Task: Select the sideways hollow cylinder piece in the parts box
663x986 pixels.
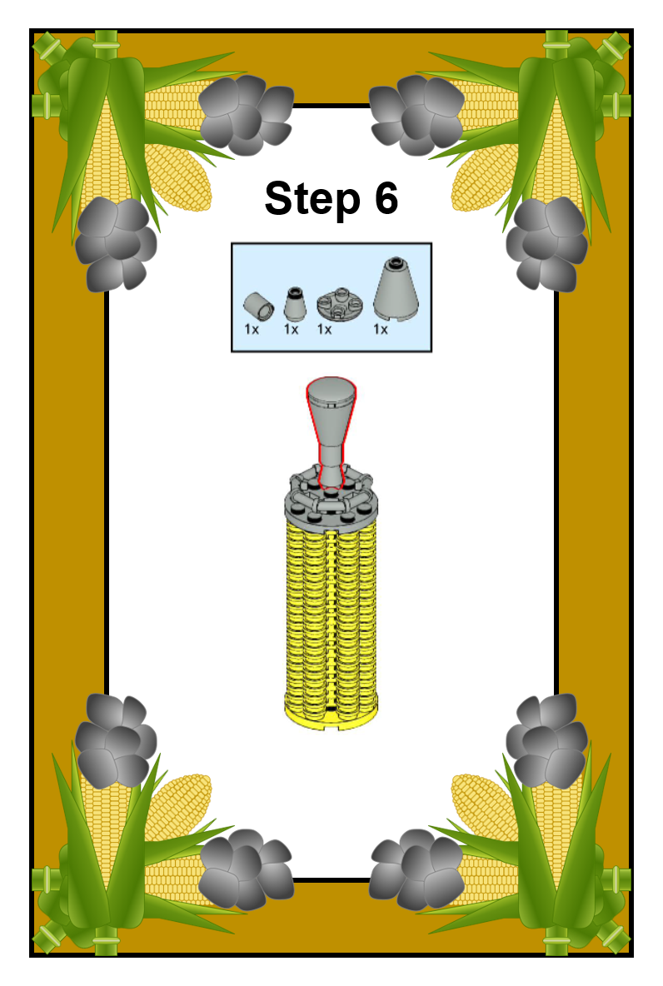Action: [x=258, y=306]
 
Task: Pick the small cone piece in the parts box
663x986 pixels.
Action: [x=294, y=304]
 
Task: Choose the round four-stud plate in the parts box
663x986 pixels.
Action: [x=340, y=304]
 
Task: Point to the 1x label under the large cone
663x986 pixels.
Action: [x=380, y=329]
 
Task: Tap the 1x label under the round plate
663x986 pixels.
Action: [x=324, y=329]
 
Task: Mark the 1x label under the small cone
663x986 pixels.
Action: [x=291, y=329]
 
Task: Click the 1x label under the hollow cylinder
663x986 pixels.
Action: [x=251, y=329]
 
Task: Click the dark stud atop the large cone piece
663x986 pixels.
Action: [x=395, y=260]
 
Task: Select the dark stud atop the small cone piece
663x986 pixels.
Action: [x=294, y=291]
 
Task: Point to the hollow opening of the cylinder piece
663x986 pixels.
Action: [x=266, y=310]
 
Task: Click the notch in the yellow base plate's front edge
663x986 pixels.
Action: [x=331, y=729]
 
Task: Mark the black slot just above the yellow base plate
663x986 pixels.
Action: [x=331, y=710]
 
